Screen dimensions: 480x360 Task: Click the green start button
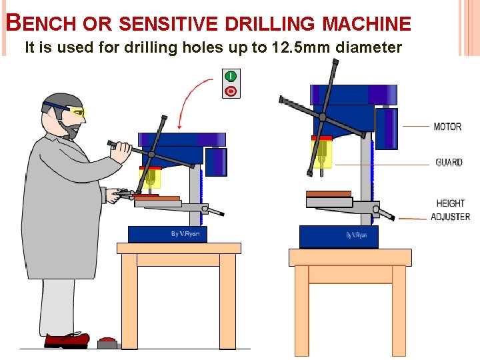pos(231,76)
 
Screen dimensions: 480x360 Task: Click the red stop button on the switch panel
pos(231,91)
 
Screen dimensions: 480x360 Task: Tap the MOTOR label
pos(447,127)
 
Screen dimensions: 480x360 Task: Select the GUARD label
pos(449,162)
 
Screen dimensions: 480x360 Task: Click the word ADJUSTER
pos(450,217)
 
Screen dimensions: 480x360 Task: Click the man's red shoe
pos(67,340)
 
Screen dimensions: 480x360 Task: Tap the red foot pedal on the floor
pos(107,343)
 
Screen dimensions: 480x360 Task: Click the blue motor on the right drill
pos(386,128)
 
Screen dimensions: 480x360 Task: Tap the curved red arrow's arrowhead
pos(180,126)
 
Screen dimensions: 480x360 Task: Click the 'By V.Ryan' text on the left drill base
pos(185,234)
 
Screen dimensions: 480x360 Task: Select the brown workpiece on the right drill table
pos(329,194)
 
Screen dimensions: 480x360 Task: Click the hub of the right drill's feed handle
pos(322,117)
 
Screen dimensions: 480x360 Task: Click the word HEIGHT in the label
pos(450,203)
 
